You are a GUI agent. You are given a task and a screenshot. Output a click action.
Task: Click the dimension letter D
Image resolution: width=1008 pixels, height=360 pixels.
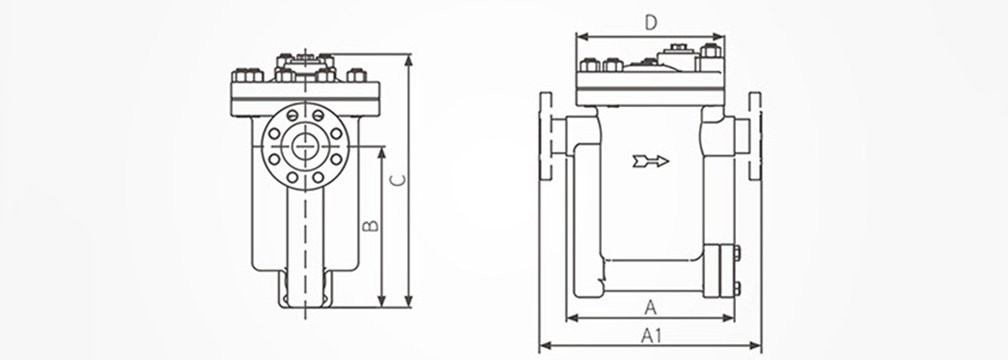tap(651, 22)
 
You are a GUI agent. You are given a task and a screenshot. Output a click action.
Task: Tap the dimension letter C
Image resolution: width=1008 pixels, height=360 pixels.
tap(397, 180)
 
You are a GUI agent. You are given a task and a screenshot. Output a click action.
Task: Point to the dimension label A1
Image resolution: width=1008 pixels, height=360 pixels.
tap(651, 336)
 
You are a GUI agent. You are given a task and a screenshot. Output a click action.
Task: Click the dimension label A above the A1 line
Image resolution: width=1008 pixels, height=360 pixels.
tap(651, 308)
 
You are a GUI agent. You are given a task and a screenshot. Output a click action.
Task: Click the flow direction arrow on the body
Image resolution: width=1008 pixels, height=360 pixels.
tap(651, 161)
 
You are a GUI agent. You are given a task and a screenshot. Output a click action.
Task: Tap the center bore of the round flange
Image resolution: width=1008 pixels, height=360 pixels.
tap(305, 145)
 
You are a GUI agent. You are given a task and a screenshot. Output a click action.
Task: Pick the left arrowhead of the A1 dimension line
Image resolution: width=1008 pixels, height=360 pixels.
tap(545, 346)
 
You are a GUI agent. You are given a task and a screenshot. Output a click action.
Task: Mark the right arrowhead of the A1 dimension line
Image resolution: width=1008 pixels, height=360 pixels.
tap(755, 346)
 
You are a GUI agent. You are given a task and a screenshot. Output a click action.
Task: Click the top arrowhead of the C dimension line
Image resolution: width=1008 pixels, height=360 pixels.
tap(409, 60)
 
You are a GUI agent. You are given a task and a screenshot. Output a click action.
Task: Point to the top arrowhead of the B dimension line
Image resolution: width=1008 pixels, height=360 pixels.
tap(382, 153)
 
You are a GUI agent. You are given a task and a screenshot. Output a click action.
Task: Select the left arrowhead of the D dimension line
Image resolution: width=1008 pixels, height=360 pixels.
tap(582, 37)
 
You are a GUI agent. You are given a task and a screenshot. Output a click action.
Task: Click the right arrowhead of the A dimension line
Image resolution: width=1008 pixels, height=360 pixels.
tap(729, 318)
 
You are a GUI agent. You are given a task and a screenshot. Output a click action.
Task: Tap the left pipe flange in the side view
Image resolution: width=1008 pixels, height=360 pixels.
tap(546, 136)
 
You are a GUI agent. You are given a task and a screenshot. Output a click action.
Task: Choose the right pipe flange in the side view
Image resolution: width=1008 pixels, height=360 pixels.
tap(755, 136)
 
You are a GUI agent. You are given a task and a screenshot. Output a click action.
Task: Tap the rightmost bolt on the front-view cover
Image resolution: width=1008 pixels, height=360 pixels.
tap(356, 75)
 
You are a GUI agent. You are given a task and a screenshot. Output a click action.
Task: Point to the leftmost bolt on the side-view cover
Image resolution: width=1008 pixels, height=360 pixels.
tap(589, 66)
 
